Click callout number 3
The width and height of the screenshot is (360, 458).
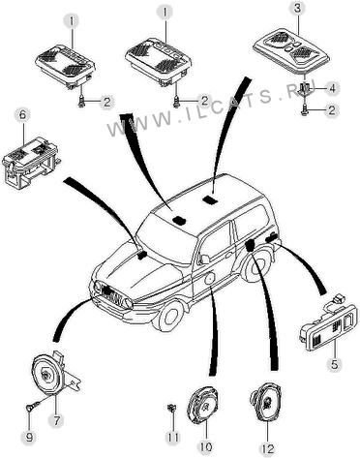click(297, 8)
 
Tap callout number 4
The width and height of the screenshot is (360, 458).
click(332, 88)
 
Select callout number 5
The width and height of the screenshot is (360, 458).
click(334, 364)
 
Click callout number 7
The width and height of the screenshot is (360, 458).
click(57, 421)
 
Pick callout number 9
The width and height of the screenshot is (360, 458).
click(29, 438)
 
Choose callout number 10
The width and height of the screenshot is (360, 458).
click(205, 447)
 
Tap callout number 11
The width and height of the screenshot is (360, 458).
click(172, 438)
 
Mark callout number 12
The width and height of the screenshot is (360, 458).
click(267, 449)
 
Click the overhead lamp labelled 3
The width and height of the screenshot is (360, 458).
click(291, 51)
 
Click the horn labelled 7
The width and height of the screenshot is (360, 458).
click(53, 375)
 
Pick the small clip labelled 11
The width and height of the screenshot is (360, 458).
click(172, 408)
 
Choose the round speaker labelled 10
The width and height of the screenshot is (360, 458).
click(203, 404)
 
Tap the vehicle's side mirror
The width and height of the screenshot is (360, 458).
click(204, 260)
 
